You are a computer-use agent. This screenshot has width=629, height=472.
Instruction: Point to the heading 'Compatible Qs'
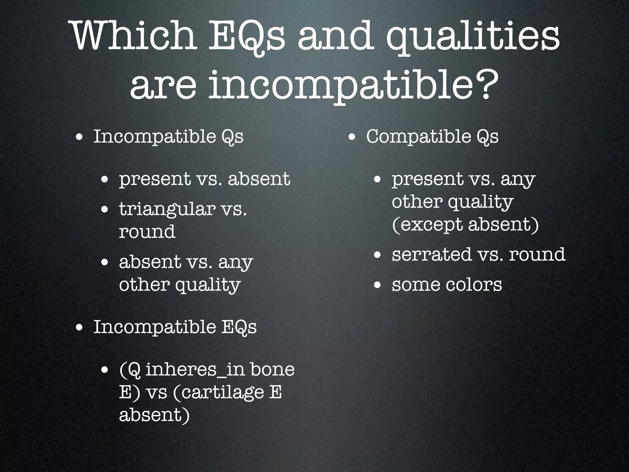click(x=432, y=136)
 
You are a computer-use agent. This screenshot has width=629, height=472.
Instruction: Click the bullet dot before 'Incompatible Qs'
click(x=79, y=137)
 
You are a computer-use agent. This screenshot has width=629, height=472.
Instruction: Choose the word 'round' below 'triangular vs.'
click(x=147, y=232)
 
